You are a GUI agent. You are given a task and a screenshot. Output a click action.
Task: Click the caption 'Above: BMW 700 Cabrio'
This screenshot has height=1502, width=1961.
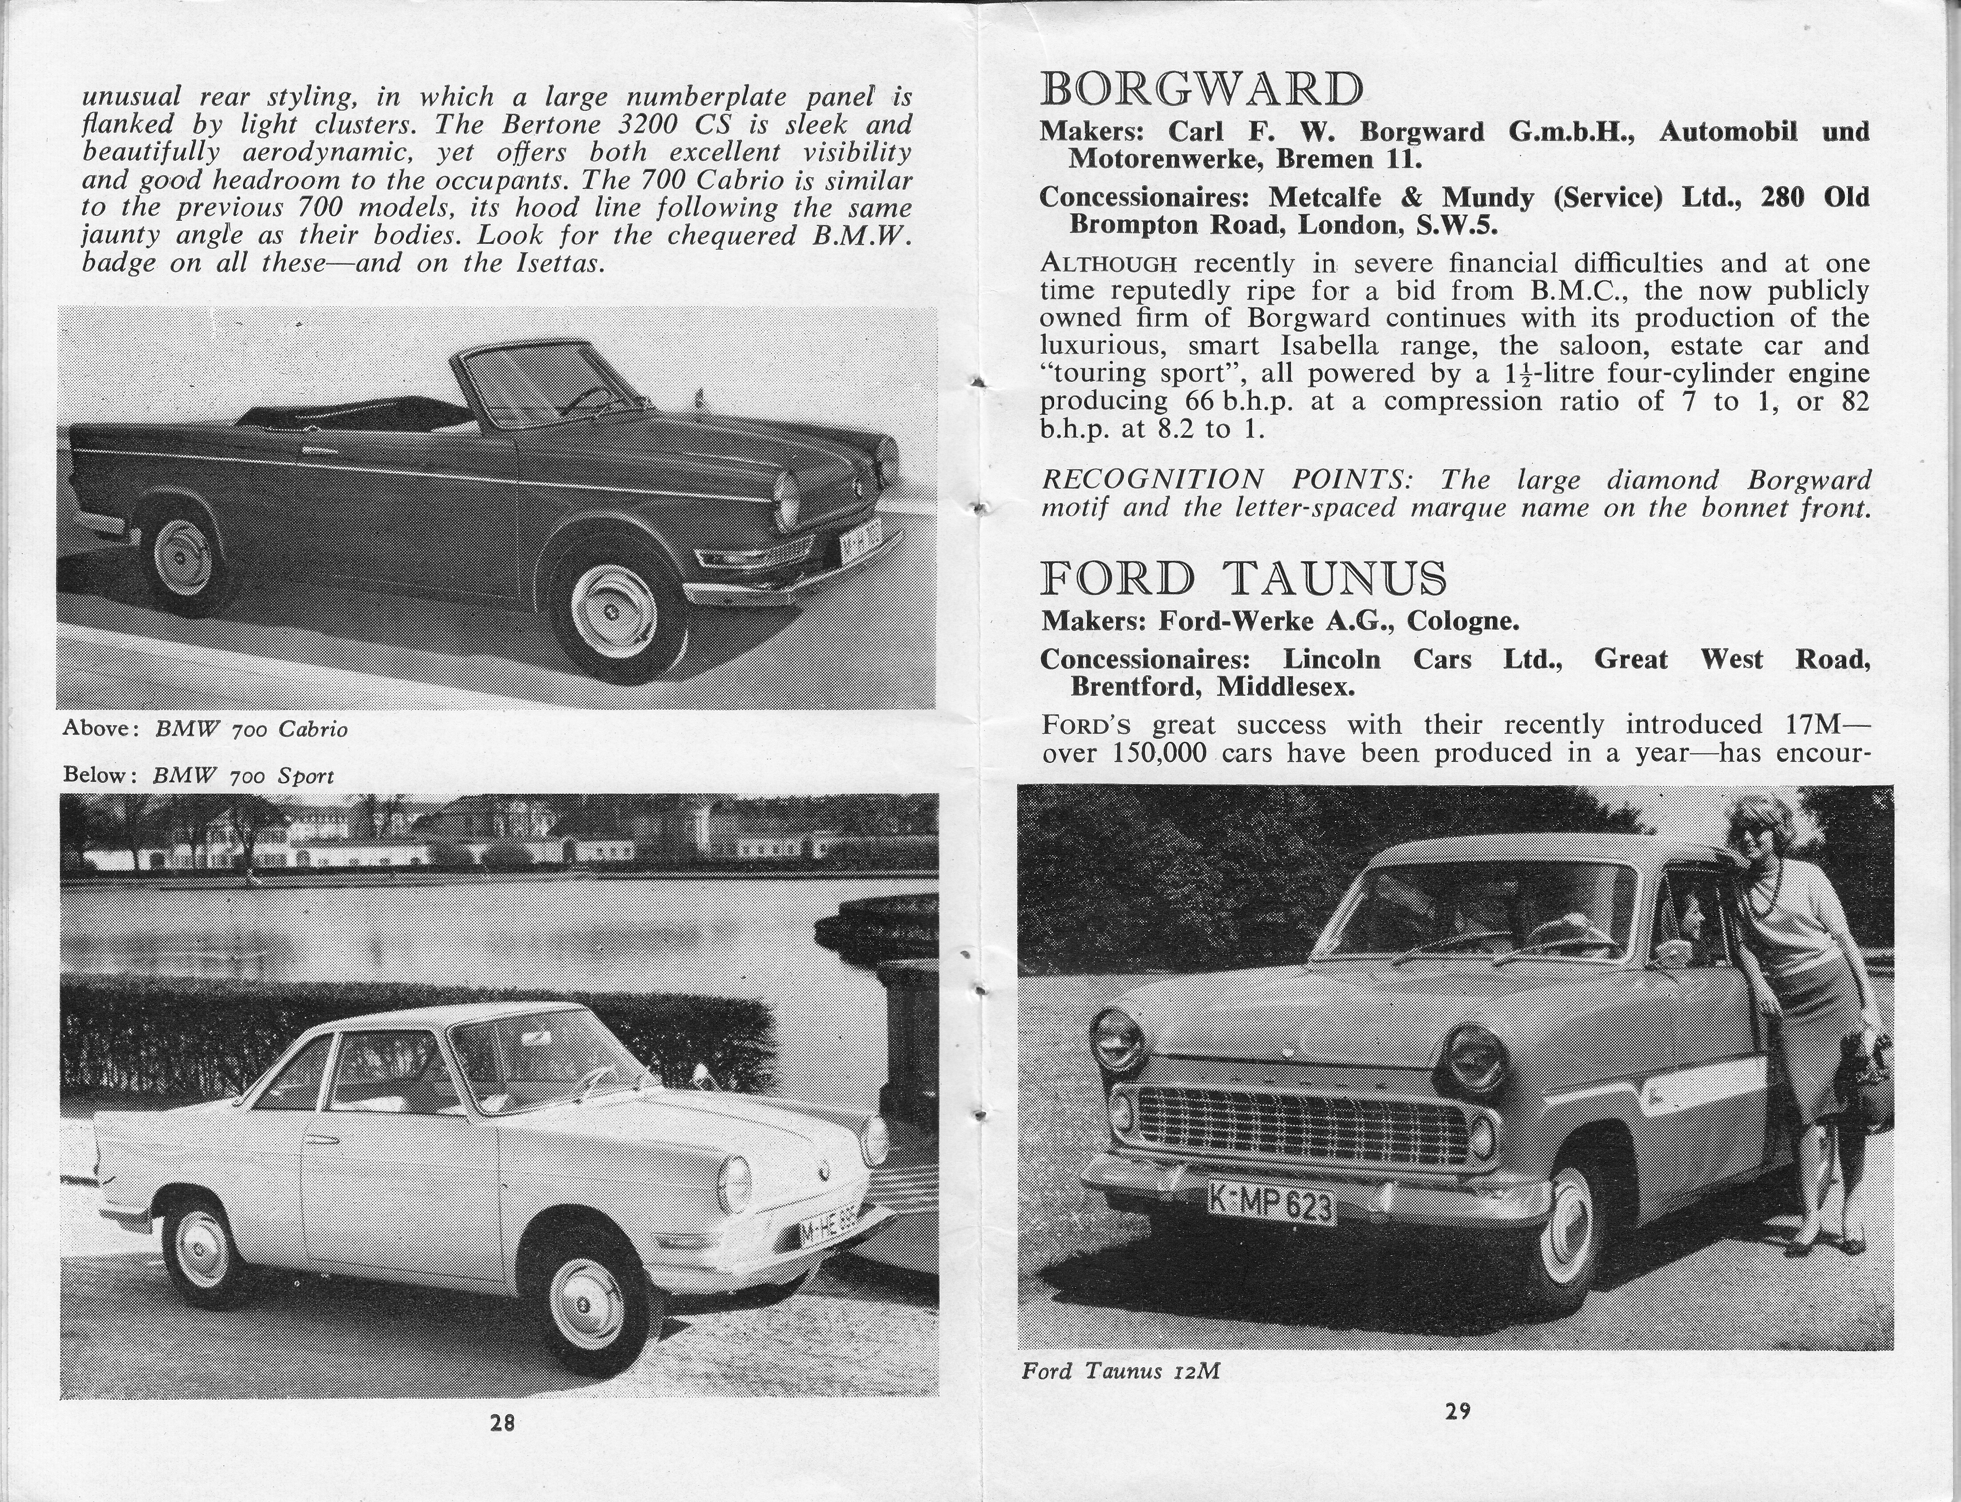205,729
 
